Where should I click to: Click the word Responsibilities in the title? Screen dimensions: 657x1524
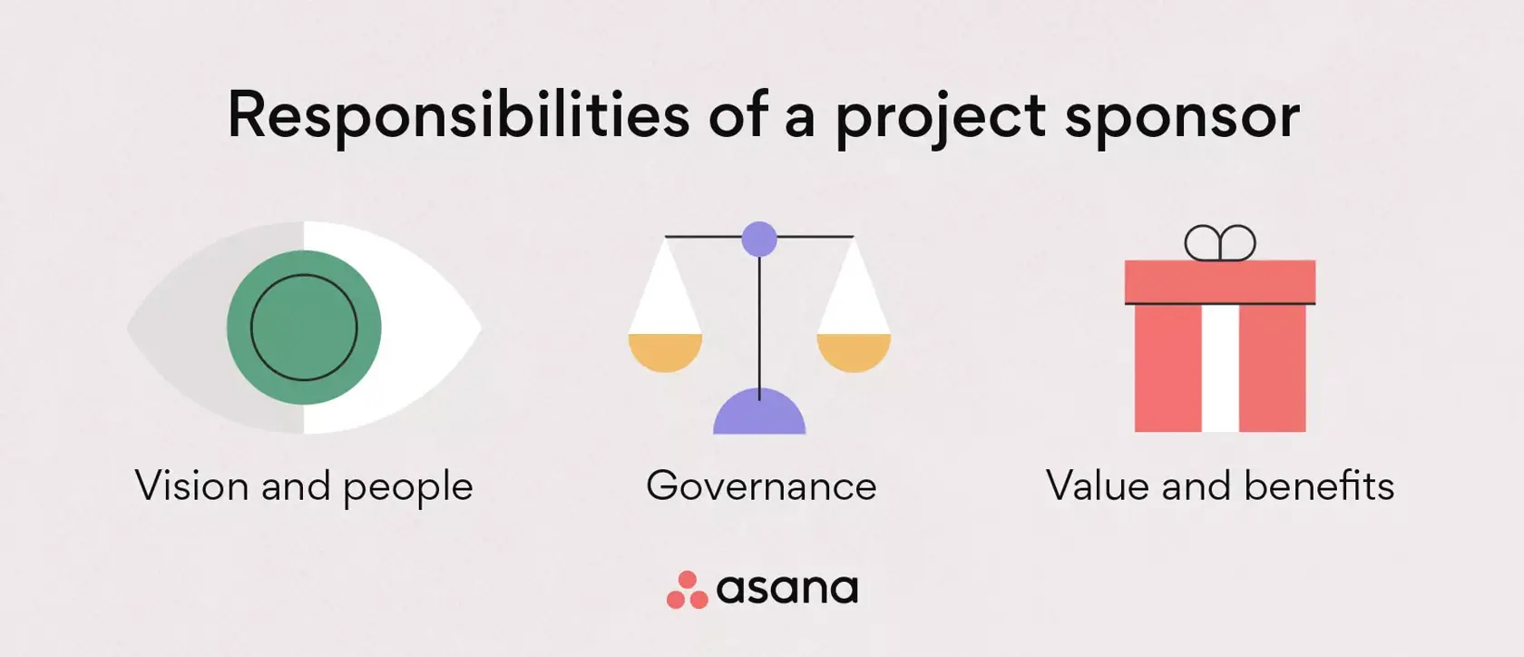click(x=458, y=115)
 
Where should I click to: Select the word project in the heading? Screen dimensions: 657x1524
click(x=941, y=117)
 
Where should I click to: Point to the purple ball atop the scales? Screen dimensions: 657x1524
click(x=759, y=239)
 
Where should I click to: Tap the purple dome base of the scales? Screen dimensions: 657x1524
click(x=759, y=416)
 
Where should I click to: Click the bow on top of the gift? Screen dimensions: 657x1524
click(x=1220, y=243)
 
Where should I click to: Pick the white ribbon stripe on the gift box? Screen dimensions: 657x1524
click(x=1220, y=368)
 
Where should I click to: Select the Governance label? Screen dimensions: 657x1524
click(x=761, y=486)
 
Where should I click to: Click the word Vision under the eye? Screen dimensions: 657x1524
click(x=192, y=486)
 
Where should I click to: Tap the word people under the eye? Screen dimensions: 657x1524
click(x=408, y=488)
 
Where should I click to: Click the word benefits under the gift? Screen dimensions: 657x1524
click(x=1319, y=486)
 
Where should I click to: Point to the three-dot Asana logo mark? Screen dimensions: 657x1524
click(x=688, y=590)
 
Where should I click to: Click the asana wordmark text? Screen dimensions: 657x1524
click(x=786, y=590)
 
